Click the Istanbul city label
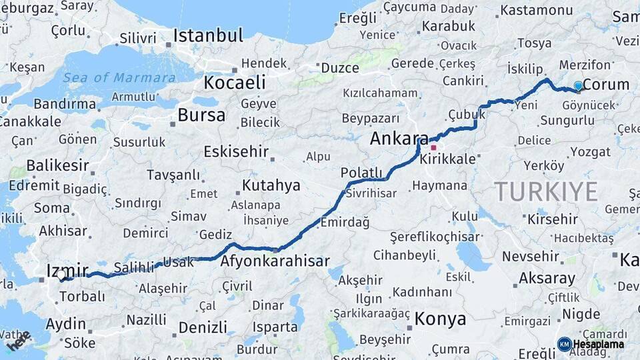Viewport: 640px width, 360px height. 208,35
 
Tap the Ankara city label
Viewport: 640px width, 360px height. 399,139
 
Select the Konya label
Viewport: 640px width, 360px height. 440,319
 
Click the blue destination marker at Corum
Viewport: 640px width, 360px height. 578,85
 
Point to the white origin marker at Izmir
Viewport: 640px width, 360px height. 61,274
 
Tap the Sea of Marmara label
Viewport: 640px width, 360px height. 120,77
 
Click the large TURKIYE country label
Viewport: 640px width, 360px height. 546,192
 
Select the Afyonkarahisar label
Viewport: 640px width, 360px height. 275,261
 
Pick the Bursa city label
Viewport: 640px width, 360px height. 201,115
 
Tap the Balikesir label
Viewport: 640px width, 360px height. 57,165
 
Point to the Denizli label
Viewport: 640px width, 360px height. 203,327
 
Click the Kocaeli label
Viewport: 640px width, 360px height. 234,83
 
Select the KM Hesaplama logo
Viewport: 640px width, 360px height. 591,344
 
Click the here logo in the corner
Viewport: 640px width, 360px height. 18,341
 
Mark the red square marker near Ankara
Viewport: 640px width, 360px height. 433,147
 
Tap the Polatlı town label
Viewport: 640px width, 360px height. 361,173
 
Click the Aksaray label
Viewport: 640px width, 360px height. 547,278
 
